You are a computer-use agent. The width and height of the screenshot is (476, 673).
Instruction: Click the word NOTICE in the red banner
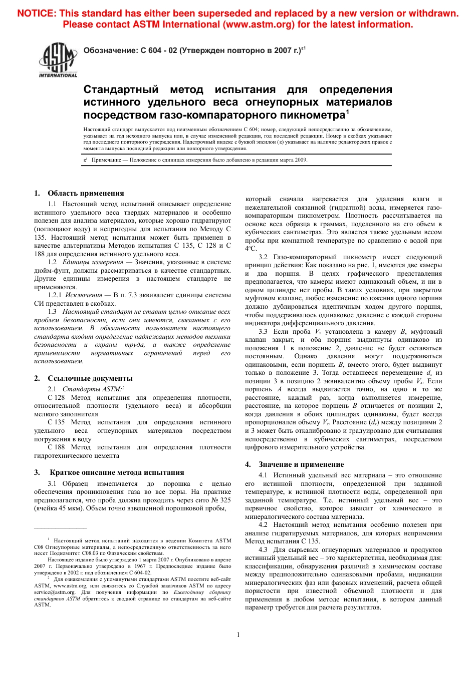[36, 14]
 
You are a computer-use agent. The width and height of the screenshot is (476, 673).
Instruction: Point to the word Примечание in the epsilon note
[106, 160]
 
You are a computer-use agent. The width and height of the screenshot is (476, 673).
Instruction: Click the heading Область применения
[86, 193]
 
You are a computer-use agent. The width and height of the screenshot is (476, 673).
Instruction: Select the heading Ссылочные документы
[90, 378]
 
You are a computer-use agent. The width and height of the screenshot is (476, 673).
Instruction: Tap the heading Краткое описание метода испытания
[117, 472]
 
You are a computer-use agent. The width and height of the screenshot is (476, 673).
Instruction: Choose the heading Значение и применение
[301, 464]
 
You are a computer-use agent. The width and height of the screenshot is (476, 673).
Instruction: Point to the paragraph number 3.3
[263, 332]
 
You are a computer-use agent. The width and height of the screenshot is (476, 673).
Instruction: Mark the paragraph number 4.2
[263, 525]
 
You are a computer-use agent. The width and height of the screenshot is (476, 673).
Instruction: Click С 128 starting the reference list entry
[56, 398]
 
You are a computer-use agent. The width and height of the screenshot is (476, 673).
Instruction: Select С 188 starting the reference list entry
[56, 447]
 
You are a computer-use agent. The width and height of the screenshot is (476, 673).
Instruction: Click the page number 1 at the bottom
[238, 635]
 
